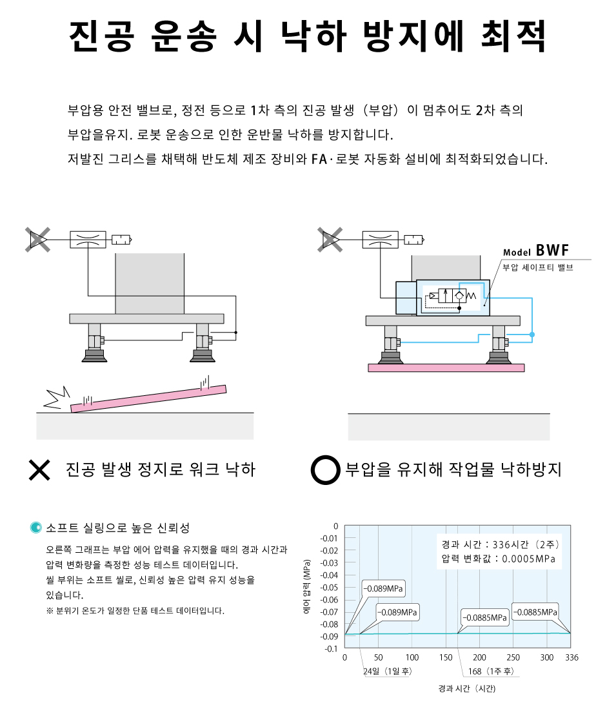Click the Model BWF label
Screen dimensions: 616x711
[x=536, y=251]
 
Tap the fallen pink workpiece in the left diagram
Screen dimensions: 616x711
[x=148, y=398]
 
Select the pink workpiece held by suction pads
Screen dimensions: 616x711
[x=446, y=367]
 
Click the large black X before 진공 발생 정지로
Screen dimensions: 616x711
[x=39, y=469]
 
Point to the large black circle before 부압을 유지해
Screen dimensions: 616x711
[x=325, y=469]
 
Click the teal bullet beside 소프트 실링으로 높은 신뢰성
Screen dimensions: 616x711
[x=35, y=528]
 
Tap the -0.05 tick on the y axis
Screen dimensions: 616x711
[x=329, y=587]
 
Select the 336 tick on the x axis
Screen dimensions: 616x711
[x=571, y=657]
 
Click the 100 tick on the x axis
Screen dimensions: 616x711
[x=412, y=657]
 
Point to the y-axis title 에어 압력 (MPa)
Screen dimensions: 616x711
[x=306, y=587]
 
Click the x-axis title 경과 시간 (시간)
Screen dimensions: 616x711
[x=466, y=688]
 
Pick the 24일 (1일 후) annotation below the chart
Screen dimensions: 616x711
[x=387, y=671]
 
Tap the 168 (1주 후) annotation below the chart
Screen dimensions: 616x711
[x=490, y=671]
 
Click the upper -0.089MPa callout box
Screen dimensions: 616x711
[x=383, y=588]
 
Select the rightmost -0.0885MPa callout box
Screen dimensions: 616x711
[x=535, y=612]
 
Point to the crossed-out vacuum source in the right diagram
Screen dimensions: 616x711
[x=330, y=240]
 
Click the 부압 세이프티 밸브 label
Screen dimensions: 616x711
[x=538, y=267]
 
